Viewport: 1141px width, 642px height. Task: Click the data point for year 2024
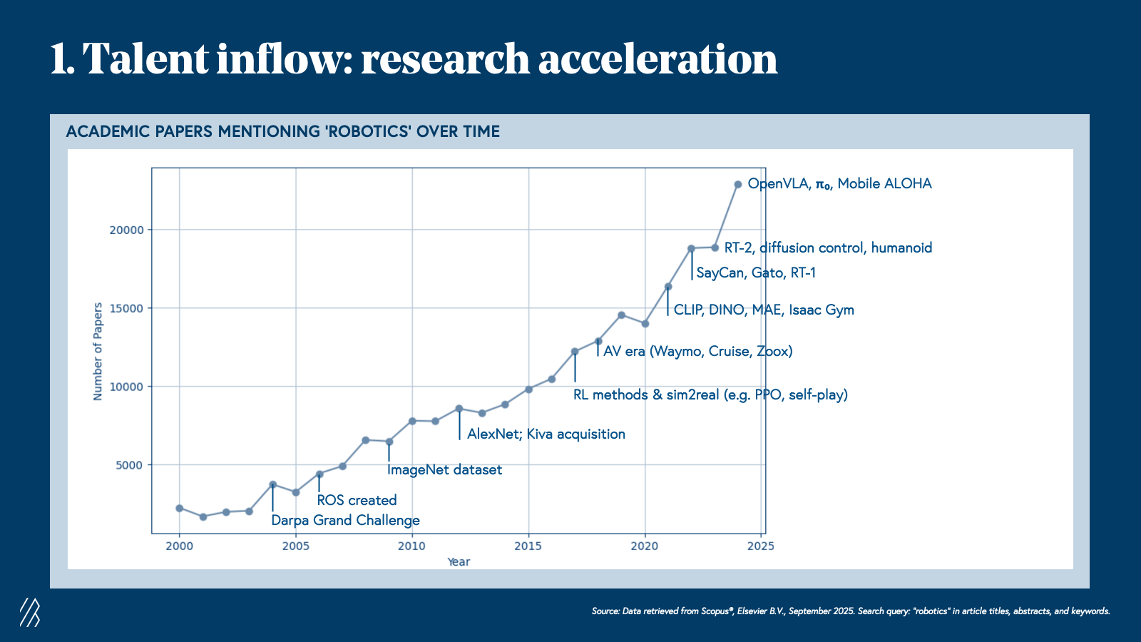(738, 184)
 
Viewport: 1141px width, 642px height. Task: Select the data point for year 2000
(179, 508)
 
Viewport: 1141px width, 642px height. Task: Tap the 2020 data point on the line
(645, 324)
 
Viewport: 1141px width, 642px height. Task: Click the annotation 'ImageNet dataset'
(444, 470)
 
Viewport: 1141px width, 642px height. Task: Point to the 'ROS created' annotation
(357, 500)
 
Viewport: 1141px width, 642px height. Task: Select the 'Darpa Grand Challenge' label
(345, 520)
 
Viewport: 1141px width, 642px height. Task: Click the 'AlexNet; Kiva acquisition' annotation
(546, 434)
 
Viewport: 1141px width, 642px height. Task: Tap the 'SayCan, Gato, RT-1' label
(756, 272)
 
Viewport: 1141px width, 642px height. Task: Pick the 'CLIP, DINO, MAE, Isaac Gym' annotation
(764, 310)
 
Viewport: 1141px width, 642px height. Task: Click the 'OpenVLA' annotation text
(778, 184)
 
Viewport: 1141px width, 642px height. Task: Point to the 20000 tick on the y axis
(126, 230)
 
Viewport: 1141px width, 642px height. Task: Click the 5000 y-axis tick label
(129, 465)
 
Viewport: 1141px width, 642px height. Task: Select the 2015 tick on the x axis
(528, 546)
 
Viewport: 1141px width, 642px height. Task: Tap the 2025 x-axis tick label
(760, 546)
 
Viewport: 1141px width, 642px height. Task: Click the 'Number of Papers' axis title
(98, 351)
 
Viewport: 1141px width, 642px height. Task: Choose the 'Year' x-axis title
(459, 562)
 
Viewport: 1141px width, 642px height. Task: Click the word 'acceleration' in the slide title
(658, 58)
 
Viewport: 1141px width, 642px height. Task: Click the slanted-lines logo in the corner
(30, 612)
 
